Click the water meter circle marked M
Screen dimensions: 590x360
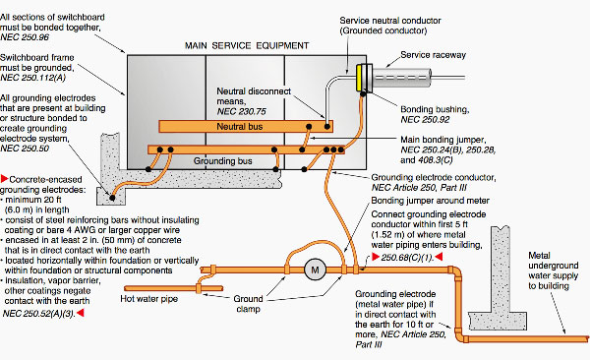coord(315,270)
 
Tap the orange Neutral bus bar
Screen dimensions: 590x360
coord(246,127)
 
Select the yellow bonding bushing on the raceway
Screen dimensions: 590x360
coord(360,78)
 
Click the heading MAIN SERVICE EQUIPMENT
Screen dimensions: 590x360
coord(247,45)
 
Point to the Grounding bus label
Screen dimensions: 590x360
coord(223,161)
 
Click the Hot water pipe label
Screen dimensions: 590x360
coord(149,299)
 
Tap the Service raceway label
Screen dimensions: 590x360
coord(433,55)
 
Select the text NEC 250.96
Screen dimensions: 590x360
coord(25,37)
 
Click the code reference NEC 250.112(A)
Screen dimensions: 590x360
coord(33,78)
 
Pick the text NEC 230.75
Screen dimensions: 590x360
coord(241,111)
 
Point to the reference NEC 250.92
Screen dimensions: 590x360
coord(425,120)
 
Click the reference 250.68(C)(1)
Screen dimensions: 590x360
coord(407,257)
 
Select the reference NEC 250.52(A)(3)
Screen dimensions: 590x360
coord(39,314)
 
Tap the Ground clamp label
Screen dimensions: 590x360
coord(248,304)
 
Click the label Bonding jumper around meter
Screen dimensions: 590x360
coord(430,201)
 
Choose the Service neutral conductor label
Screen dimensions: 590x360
coord(390,21)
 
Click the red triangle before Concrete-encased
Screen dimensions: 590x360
coord(5,178)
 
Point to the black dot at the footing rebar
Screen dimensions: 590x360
coord(112,198)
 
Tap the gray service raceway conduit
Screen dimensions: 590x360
coord(401,78)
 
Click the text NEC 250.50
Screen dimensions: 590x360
coord(25,149)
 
